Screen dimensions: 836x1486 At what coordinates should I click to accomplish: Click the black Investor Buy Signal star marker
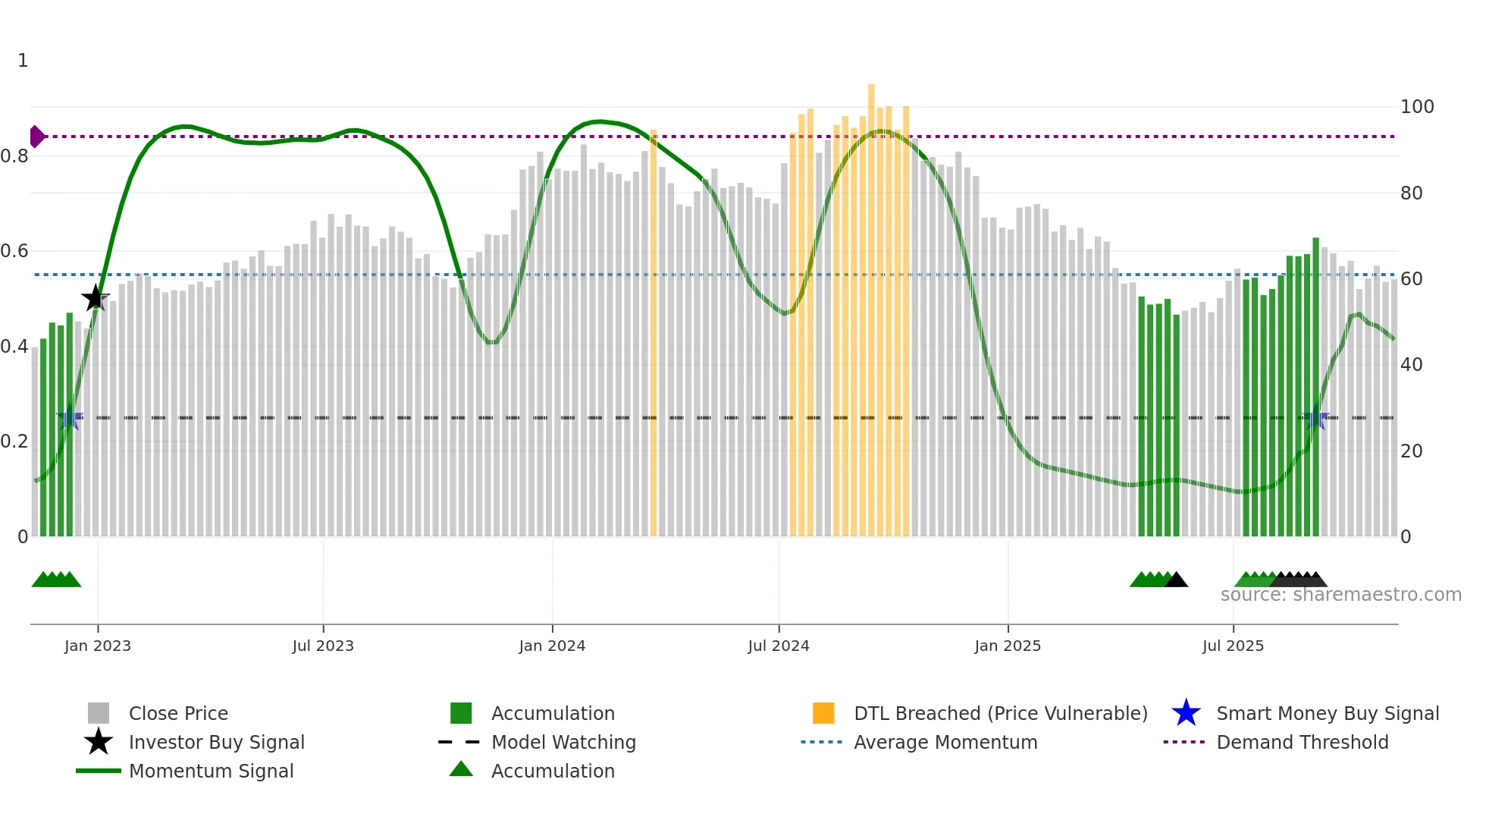coord(96,298)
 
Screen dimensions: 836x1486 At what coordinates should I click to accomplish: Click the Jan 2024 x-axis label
coord(552,646)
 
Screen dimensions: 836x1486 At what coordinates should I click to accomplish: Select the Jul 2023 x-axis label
coord(323,646)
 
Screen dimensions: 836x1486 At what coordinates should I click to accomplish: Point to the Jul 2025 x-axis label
coord(1233,646)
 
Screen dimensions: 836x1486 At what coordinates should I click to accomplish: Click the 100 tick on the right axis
coord(1416,107)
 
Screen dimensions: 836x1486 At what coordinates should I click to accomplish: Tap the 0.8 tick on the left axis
coord(14,156)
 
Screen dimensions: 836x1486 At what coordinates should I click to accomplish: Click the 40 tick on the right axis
coord(1411,365)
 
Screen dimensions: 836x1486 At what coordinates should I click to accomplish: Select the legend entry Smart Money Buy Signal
coord(1327,713)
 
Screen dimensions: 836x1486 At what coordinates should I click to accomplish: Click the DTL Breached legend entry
coord(1000,713)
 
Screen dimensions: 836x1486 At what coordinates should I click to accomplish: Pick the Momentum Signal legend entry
coord(211,771)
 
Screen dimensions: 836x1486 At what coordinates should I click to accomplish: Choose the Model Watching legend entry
coord(563,742)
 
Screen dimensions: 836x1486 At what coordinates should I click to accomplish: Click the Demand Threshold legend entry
coord(1302,742)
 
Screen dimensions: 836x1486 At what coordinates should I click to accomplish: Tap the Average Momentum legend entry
coord(945,742)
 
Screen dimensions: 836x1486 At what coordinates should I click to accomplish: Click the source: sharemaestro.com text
coord(1340,595)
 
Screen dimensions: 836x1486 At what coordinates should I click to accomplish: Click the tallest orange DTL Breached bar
coord(871,303)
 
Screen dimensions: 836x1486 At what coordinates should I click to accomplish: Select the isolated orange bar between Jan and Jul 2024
coord(654,334)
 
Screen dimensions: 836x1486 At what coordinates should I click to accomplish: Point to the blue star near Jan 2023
coord(70,418)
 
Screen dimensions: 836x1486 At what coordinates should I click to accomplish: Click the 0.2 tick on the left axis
coord(14,442)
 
